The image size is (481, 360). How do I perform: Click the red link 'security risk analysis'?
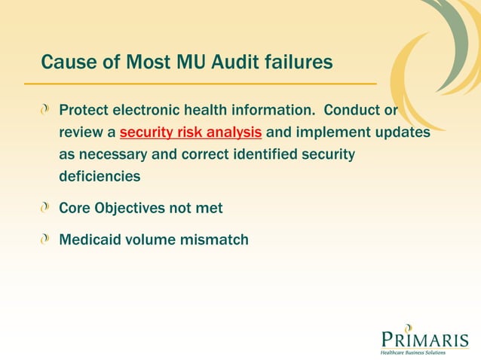click(191, 133)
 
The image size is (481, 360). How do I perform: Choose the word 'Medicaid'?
click(91, 240)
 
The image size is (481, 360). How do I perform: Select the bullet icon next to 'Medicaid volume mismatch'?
click(47, 240)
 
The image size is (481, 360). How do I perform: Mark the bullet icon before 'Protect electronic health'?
click(47, 111)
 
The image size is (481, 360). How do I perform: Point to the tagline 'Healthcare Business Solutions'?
click(414, 352)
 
